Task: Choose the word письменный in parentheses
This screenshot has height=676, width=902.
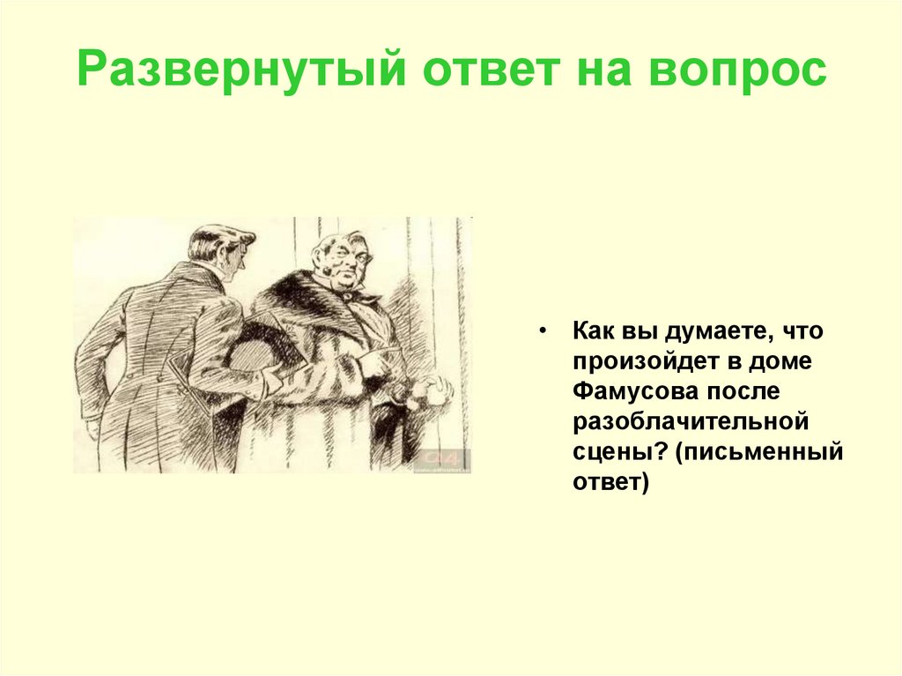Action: (762, 453)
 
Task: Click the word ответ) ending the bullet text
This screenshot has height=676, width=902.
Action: (609, 483)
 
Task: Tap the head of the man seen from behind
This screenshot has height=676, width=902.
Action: (220, 250)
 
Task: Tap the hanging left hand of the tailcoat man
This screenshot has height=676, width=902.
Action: (93, 428)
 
